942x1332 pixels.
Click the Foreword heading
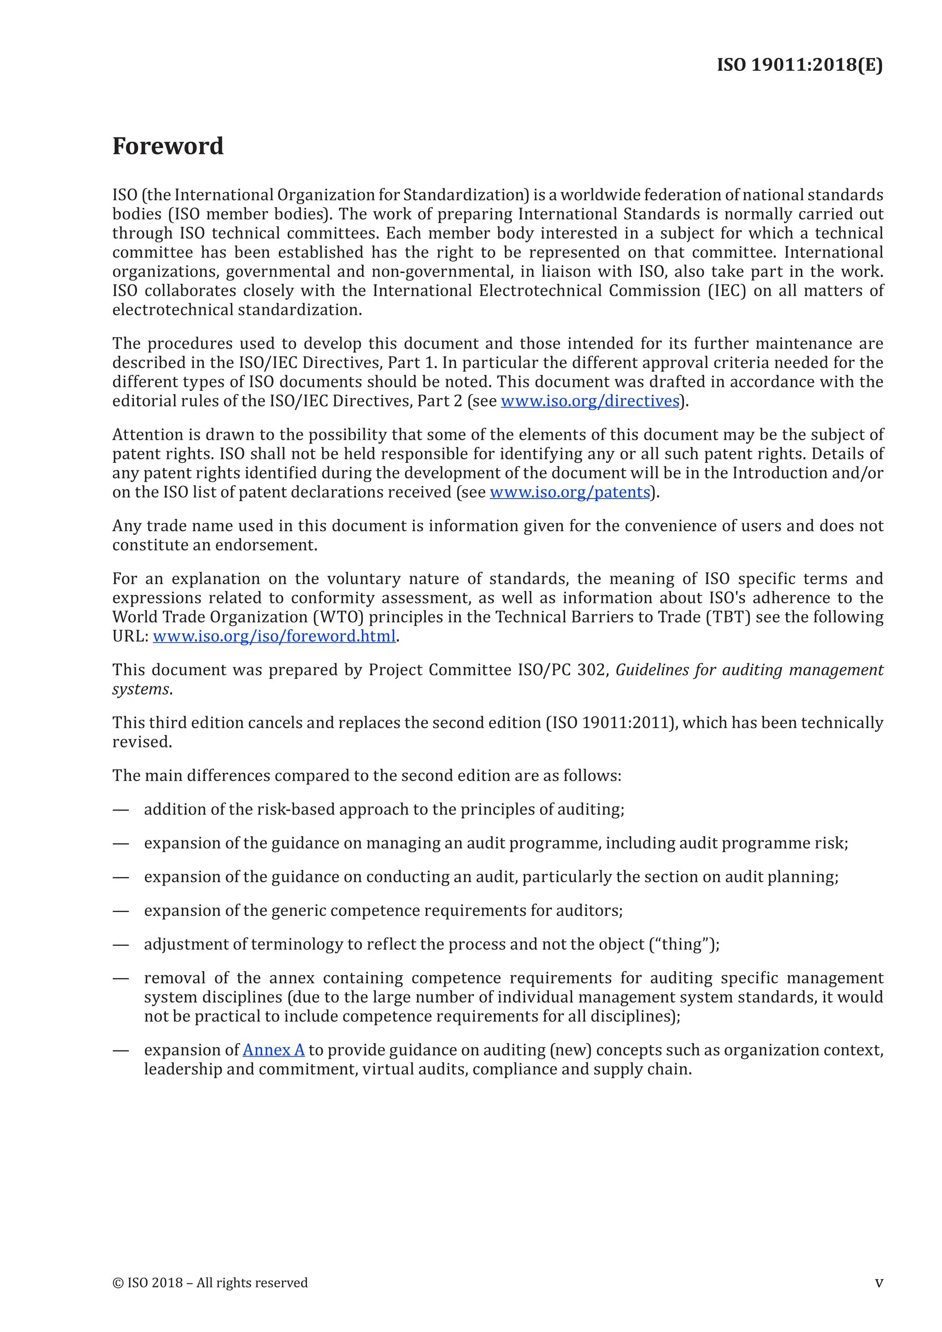[x=167, y=146]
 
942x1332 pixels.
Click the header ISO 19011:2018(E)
[x=799, y=64]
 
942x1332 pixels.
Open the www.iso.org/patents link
[x=569, y=492]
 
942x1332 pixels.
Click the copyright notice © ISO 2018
[x=209, y=1283]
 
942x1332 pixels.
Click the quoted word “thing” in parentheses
[x=684, y=944]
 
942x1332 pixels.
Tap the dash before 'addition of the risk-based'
[x=121, y=810]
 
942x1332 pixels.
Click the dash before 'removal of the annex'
[x=121, y=978]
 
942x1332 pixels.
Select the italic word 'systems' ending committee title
[x=141, y=689]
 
